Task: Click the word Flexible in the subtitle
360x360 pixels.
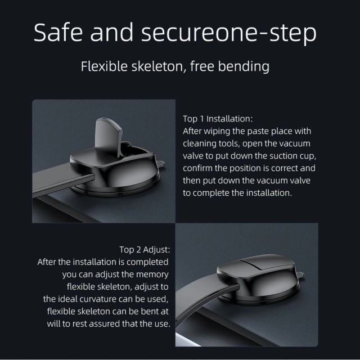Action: (102, 66)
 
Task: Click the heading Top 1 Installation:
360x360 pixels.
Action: (218, 119)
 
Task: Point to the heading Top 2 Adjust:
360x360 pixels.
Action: (145, 249)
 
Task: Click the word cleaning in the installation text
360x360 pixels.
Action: (201, 143)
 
